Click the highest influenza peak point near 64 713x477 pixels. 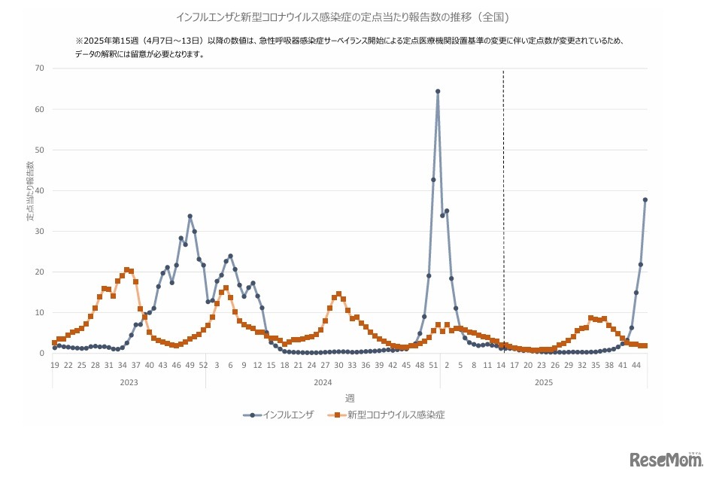coord(438,92)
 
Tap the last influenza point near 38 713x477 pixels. coord(645,200)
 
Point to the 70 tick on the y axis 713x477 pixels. coord(39,68)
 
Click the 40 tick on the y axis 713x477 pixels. coord(39,190)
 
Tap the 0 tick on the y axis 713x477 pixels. coord(41,353)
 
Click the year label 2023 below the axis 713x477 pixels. coord(129,383)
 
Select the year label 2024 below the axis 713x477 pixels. coord(323,383)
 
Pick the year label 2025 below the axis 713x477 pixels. coord(544,383)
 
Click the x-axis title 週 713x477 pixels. coord(350,398)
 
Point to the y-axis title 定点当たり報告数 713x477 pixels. coord(31,191)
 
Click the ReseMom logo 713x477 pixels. coord(665,459)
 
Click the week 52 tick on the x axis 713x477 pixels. coord(204,365)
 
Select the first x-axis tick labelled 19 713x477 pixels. coord(55,365)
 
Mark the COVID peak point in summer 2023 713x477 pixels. coord(126,269)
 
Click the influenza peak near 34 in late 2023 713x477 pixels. coord(190,217)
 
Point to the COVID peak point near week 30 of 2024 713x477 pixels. coord(338,294)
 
